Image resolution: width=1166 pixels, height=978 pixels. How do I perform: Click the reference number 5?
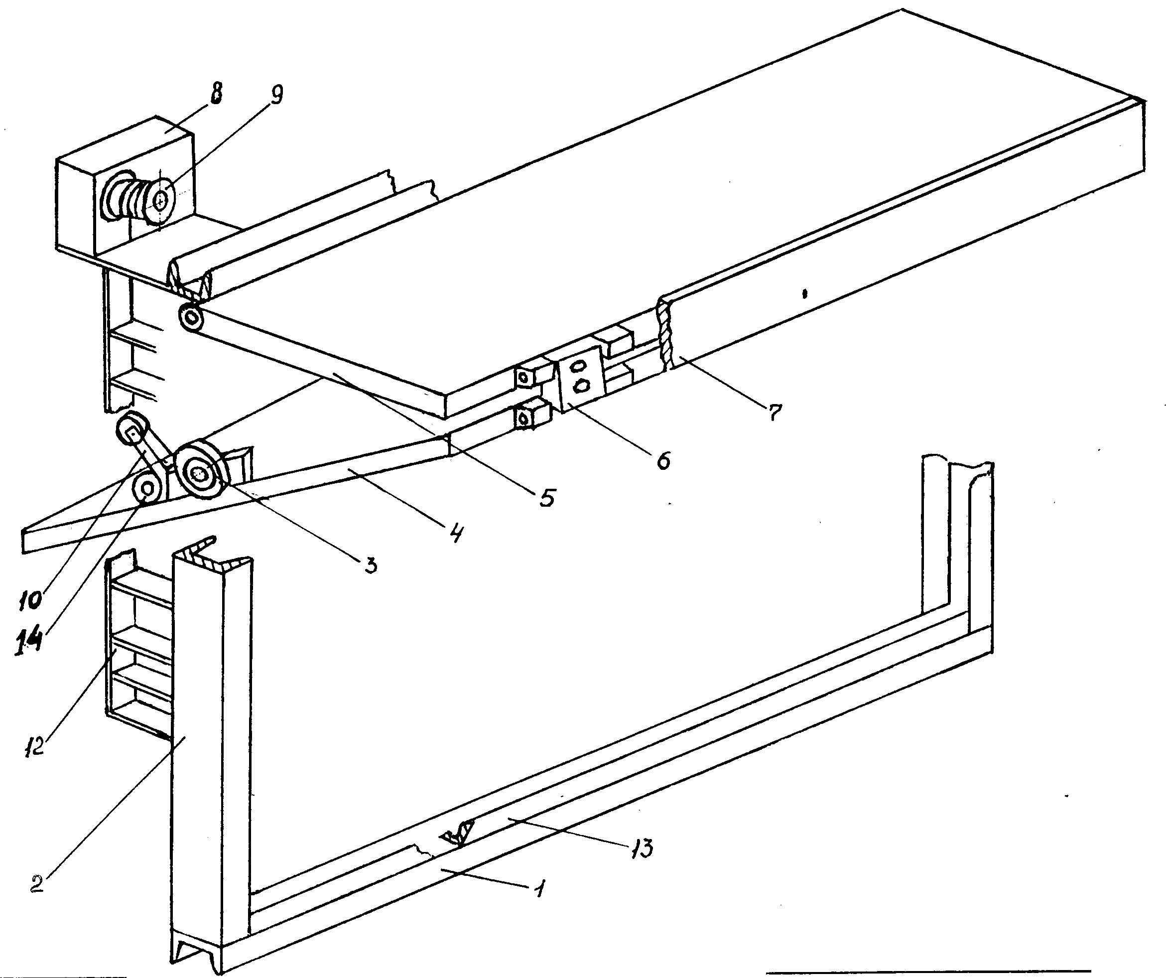tap(547, 497)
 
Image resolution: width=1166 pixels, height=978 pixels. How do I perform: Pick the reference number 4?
tap(455, 533)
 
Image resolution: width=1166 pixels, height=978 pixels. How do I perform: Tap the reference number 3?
tap(371, 565)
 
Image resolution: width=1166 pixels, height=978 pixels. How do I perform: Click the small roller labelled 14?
tap(148, 489)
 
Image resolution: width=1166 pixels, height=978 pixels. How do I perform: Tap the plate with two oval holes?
tap(581, 378)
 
